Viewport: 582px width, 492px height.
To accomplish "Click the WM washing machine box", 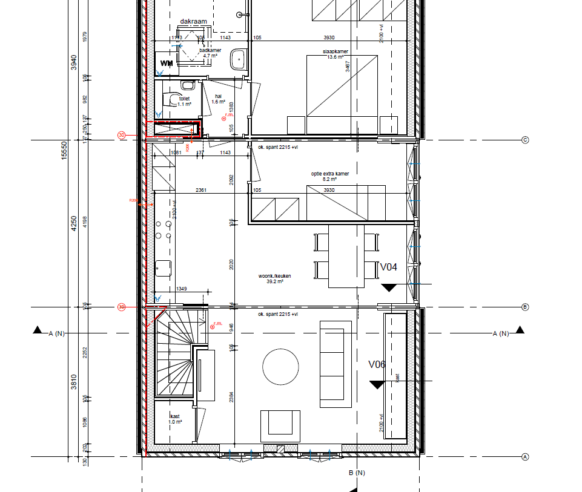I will pos(167,62).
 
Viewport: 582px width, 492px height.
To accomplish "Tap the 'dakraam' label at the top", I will pos(193,21).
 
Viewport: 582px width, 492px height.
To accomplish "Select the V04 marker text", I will pos(388,267).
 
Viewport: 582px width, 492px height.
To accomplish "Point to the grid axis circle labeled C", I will pos(525,140).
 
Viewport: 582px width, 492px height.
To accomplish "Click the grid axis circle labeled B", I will pos(525,307).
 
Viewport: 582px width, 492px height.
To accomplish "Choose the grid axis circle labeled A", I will pos(525,457).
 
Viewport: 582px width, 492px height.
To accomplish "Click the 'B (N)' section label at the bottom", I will pos(357,473).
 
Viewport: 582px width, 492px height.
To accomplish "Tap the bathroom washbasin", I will pos(237,60).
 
